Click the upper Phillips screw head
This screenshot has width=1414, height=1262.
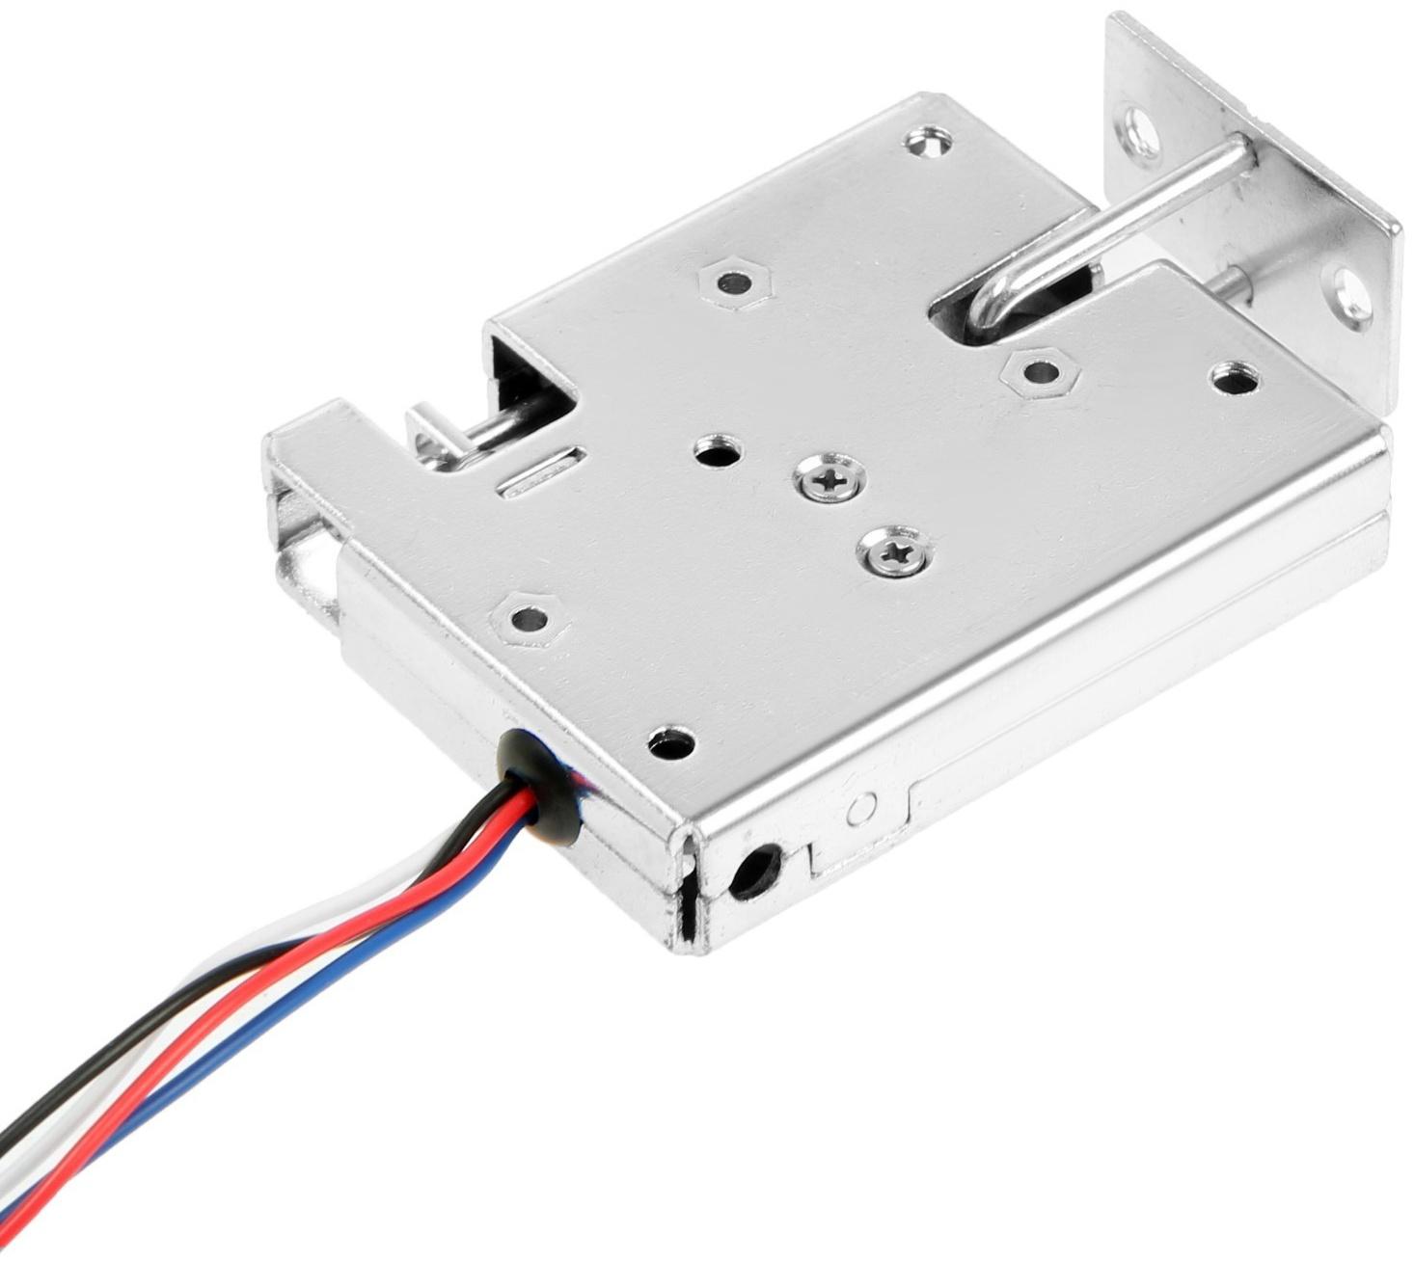pos(829,478)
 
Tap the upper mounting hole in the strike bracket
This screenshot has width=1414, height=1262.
pos(1144,124)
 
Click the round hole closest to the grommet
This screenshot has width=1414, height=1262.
pos(670,742)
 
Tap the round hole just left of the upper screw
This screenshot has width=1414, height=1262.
pos(720,449)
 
